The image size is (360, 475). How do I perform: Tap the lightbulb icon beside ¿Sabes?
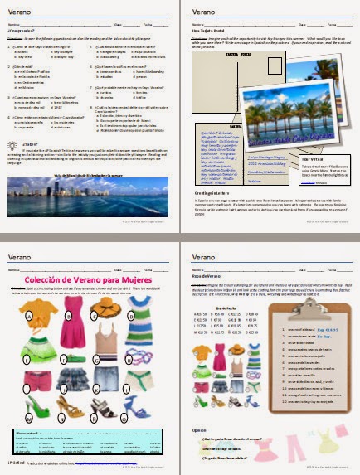[x=12, y=144]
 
